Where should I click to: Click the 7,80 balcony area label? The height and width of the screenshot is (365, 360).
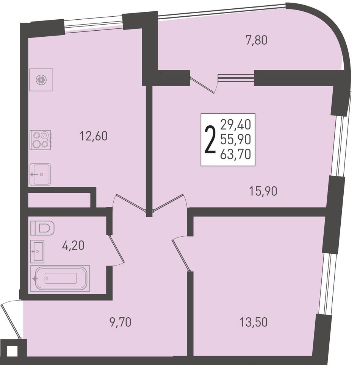[x=256, y=40]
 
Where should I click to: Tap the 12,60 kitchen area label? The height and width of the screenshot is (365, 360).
[x=94, y=136]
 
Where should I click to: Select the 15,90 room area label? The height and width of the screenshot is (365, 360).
[x=263, y=191]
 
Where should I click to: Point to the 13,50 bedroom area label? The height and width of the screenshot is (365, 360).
[x=254, y=322]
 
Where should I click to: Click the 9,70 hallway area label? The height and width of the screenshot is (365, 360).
[x=120, y=322]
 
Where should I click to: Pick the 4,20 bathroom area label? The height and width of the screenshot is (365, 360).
[x=73, y=245]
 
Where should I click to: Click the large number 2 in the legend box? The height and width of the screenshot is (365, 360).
[x=210, y=140]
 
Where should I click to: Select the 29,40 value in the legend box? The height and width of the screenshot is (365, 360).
[x=236, y=124]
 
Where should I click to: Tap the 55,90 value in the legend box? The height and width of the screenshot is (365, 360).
[x=236, y=139]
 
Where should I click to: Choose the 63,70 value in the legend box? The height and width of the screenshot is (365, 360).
[x=236, y=154]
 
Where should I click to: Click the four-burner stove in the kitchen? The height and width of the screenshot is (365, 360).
[x=40, y=140]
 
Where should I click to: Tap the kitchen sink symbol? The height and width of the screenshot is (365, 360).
[x=40, y=175]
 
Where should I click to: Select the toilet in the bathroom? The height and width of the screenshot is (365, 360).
[x=42, y=228]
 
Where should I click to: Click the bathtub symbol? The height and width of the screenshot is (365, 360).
[x=60, y=278]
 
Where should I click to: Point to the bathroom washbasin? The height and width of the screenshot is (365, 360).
[x=37, y=251]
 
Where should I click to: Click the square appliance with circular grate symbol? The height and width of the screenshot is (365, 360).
[x=41, y=80]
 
